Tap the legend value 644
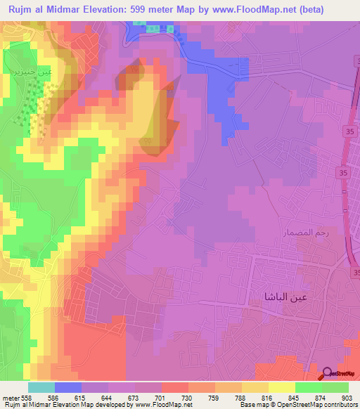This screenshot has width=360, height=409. pos(108,397)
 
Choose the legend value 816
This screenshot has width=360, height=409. pos(268,397)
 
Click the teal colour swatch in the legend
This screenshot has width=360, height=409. pos(41,387)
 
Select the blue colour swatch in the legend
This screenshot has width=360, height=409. pos(67,387)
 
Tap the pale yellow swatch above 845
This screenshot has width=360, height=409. pos(282,387)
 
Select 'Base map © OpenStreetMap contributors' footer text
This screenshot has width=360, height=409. pos(296,405)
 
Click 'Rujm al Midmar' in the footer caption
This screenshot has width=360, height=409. pos(28,405)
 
